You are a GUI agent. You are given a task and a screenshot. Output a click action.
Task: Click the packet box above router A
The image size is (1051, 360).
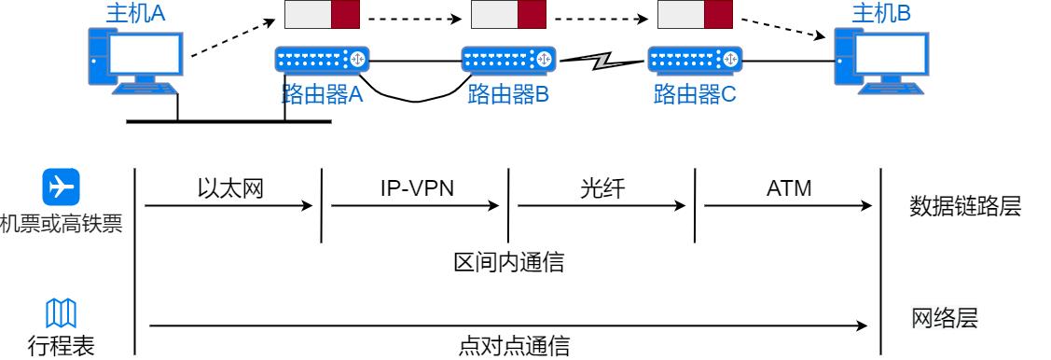click(322, 16)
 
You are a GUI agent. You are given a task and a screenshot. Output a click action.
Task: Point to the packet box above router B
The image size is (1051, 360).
click(508, 16)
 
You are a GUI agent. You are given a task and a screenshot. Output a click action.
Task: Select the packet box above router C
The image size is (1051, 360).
click(695, 16)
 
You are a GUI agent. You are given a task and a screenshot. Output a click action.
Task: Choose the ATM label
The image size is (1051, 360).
click(789, 187)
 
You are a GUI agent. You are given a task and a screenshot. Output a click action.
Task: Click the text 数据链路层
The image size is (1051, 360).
click(965, 207)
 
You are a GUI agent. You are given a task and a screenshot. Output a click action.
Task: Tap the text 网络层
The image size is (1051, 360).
click(944, 320)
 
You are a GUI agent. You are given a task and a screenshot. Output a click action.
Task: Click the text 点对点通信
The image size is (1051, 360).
click(508, 347)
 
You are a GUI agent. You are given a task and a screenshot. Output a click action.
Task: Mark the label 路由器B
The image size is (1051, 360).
click(508, 94)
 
